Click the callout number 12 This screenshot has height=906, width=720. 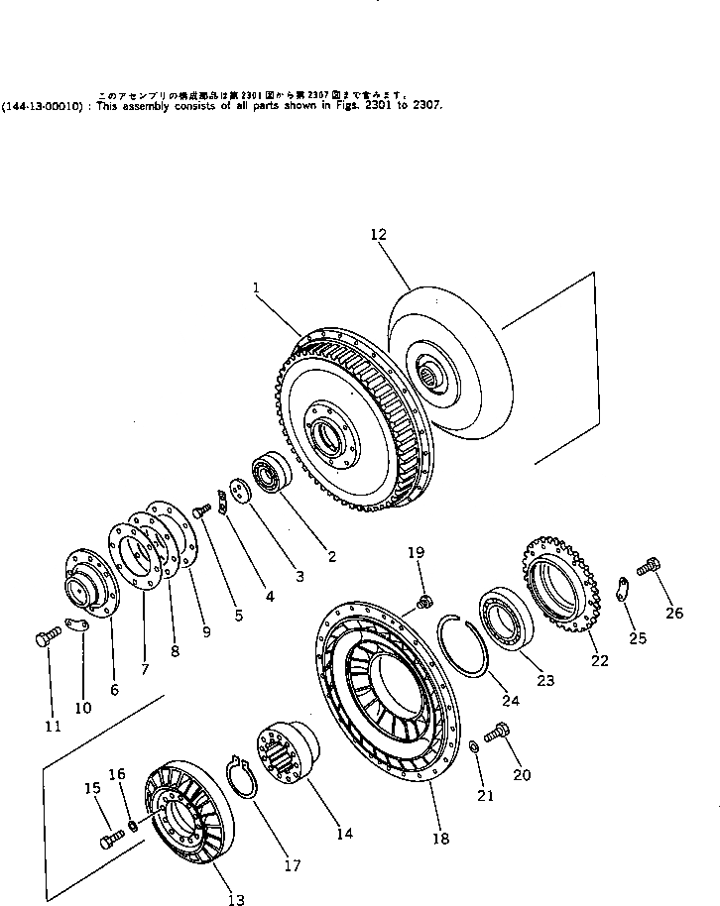[378, 235]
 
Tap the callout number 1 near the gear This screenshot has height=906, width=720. [256, 287]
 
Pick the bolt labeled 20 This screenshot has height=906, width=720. [499, 732]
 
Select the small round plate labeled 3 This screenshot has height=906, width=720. [237, 493]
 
